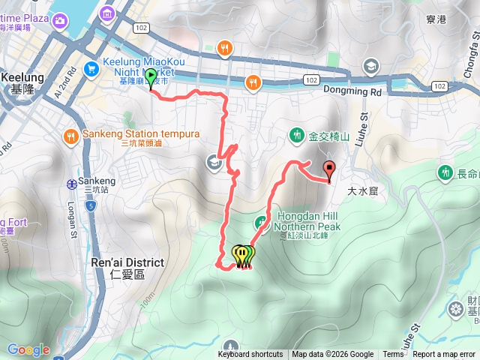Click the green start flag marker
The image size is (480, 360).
(150, 78)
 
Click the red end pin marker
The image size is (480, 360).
(328, 169)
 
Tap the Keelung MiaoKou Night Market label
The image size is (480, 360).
(137, 71)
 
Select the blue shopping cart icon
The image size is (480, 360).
(91, 68)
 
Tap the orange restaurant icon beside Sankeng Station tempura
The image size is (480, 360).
(70, 136)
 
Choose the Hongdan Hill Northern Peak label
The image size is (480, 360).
(306, 220)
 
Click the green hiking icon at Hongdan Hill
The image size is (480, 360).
(262, 221)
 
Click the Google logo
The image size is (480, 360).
(28, 349)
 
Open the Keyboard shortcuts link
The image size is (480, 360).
(250, 355)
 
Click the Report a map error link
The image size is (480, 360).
(443, 355)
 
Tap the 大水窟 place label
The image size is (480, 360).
(362, 191)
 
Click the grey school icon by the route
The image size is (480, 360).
(214, 161)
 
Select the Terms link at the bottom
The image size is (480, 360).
(393, 355)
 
